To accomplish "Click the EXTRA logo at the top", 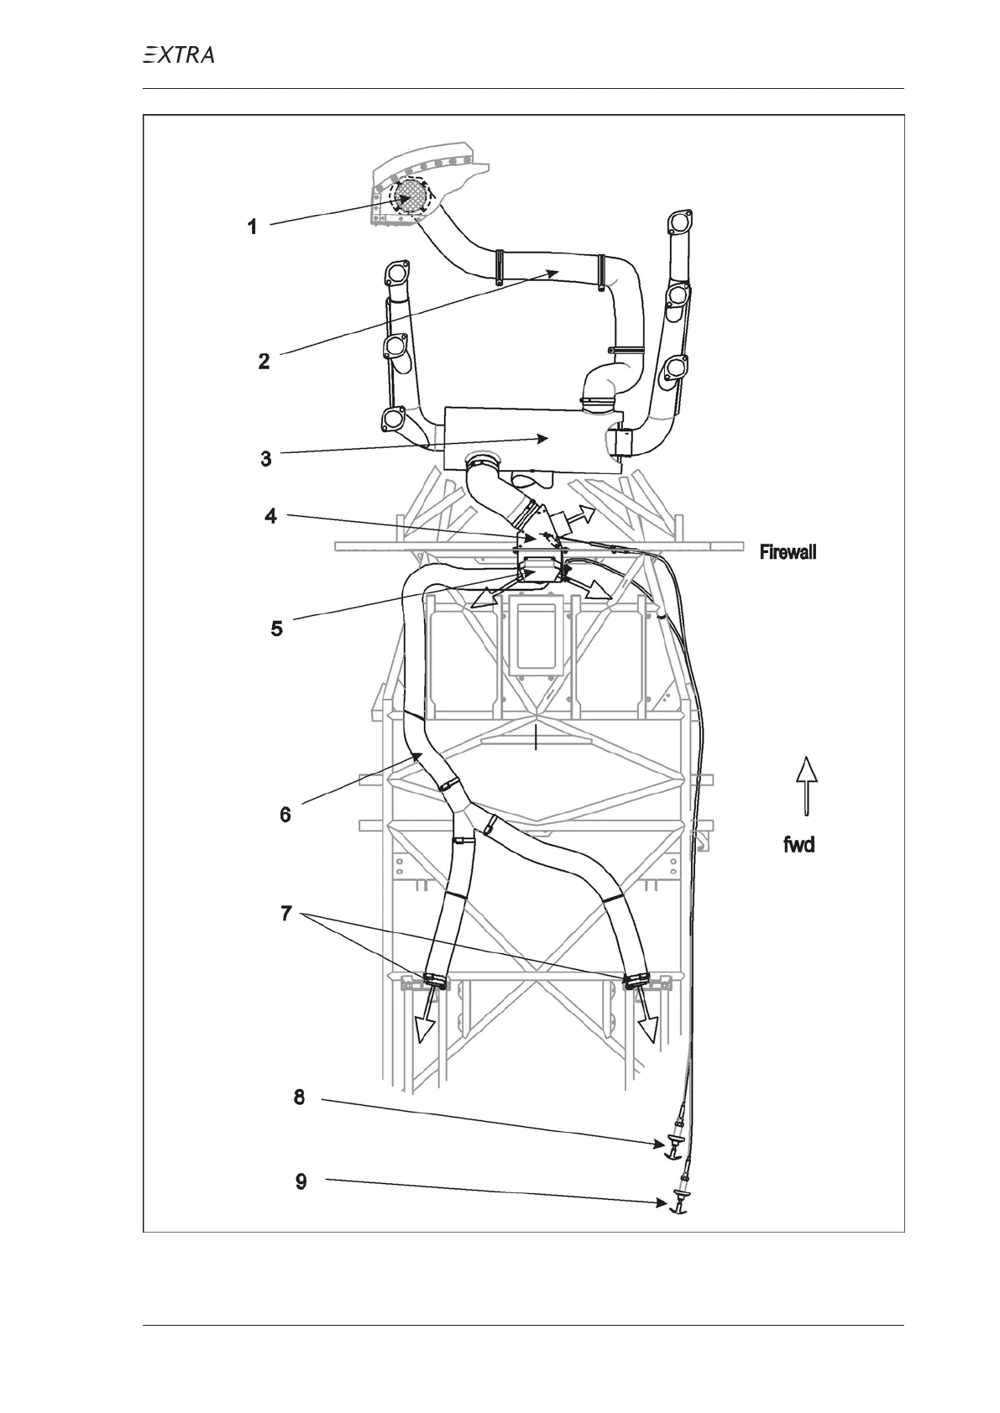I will [x=178, y=55].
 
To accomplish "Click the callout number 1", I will [x=252, y=227].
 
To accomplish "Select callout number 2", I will [x=264, y=362].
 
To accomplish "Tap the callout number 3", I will [x=266, y=459].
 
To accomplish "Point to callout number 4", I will [x=270, y=515].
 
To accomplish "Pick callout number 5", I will [x=276, y=628].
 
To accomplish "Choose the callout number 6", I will [x=285, y=814].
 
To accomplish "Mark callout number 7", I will [x=286, y=913].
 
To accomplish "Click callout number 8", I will [x=299, y=1097].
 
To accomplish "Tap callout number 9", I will [x=301, y=1181].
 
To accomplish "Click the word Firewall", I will [x=788, y=552].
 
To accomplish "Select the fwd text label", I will [x=798, y=845].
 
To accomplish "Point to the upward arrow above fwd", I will [x=806, y=785].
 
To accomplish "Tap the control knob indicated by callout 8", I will [x=673, y=1145].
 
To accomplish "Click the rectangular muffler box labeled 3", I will [x=533, y=440].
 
